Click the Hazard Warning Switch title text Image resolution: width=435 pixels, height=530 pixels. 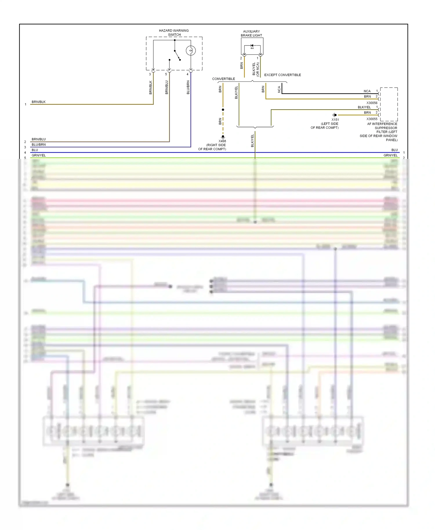click(x=174, y=32)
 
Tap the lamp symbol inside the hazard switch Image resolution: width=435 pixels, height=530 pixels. click(x=191, y=51)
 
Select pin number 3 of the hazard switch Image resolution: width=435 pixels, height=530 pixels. click(x=150, y=74)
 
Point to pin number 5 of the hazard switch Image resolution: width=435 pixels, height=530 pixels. click(x=166, y=74)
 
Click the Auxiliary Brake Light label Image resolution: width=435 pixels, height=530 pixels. click(x=251, y=33)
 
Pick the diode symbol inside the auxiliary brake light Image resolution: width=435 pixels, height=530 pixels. click(x=252, y=46)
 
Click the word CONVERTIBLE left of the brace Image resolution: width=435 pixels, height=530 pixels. click(x=223, y=79)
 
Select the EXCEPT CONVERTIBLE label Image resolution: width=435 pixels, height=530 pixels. click(x=282, y=75)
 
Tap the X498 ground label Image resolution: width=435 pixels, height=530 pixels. click(x=222, y=141)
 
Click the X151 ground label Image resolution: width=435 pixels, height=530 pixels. click(x=335, y=120)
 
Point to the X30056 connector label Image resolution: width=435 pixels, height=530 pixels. click(x=372, y=103)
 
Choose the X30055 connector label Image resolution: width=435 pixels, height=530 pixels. click(x=372, y=119)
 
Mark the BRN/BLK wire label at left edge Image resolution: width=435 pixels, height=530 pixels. click(x=39, y=102)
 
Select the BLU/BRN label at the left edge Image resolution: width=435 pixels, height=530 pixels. click(x=39, y=144)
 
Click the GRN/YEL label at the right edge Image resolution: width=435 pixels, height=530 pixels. click(x=390, y=155)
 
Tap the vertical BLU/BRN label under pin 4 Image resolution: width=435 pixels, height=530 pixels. click(x=188, y=87)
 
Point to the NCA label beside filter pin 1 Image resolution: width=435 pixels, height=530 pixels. click(x=367, y=91)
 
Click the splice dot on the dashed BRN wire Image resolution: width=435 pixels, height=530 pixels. click(x=223, y=110)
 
